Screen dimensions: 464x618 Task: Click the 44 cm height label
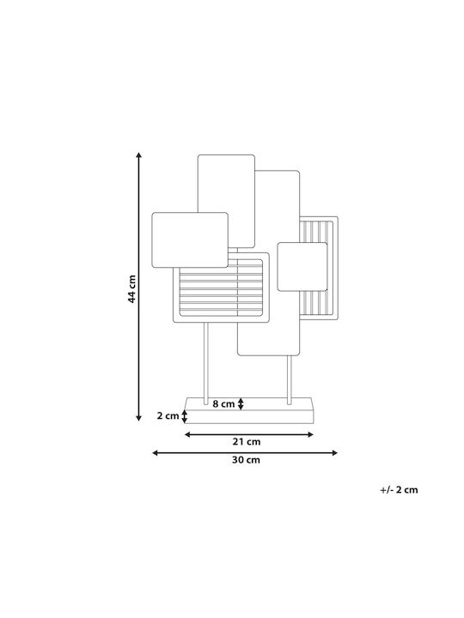coord(131,289)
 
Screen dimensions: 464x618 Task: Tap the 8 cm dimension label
coord(223,404)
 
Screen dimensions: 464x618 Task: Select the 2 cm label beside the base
coord(168,415)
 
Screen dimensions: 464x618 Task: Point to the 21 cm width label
coord(247,442)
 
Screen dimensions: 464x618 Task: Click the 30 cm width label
coord(246,460)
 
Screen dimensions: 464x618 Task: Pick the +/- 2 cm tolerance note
coord(399,490)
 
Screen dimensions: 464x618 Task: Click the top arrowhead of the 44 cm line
coord(138,154)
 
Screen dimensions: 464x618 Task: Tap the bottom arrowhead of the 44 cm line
coord(138,418)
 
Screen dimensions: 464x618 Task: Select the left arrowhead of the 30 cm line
coord(156,453)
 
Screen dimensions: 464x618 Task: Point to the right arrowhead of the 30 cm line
coord(334,453)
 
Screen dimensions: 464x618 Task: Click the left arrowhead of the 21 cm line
coord(188,434)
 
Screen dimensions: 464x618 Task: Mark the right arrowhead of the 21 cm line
coord(310,434)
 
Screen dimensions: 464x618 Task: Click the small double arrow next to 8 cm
coord(241,404)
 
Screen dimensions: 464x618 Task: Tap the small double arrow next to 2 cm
coord(184,416)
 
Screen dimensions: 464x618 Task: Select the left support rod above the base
coord(205,363)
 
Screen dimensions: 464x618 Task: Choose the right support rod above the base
coord(290,380)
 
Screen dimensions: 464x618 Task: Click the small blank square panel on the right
coord(302,267)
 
